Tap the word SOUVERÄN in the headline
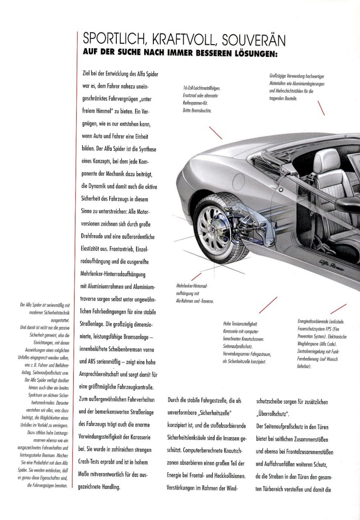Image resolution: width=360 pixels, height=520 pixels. click(253, 40)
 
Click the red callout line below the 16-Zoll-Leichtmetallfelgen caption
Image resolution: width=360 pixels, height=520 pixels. click(215, 133)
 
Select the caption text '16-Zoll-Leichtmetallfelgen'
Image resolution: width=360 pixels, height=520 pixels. click(202, 88)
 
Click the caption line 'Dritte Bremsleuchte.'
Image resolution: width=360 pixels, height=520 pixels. click(197, 110)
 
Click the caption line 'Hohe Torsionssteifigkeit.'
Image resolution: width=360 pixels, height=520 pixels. click(240, 324)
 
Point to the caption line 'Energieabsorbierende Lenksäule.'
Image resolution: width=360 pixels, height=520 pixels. click(321, 321)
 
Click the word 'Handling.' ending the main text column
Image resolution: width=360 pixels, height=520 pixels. click(111, 487)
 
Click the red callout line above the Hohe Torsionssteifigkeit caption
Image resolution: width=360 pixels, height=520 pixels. click(268, 305)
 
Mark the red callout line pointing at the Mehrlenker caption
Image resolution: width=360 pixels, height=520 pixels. click(196, 277)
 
